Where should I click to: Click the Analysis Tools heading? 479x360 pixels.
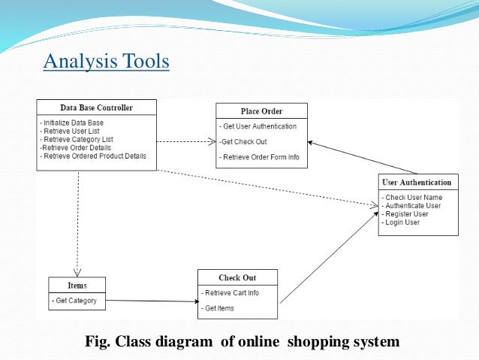[x=106, y=61]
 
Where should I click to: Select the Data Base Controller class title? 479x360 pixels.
[x=96, y=107]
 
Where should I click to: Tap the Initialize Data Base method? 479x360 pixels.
[x=73, y=123]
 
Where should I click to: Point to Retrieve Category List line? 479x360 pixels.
[x=78, y=139]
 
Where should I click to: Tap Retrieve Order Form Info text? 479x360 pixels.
[x=260, y=158]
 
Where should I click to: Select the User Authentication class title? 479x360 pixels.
[x=417, y=182]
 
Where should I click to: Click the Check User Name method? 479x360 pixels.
[x=412, y=198]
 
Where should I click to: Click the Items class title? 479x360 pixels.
[x=77, y=286]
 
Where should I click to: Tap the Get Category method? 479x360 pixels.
[x=75, y=301]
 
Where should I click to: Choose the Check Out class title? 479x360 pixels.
[x=237, y=278]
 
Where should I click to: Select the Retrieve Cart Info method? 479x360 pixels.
[x=231, y=293]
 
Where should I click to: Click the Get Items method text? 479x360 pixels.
[x=218, y=308]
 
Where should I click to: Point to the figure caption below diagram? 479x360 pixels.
[x=243, y=343]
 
